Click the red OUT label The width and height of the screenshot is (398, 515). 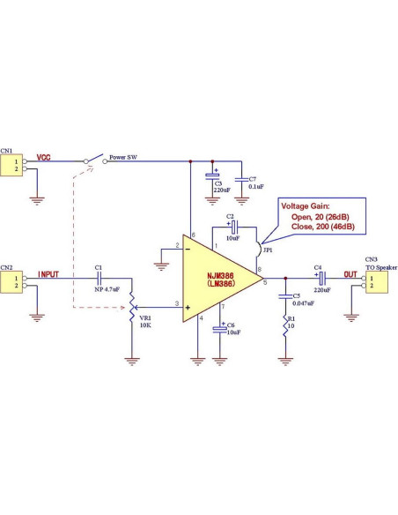point(350,274)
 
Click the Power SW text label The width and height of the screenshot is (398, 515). point(123,158)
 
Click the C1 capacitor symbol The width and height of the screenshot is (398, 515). point(99,277)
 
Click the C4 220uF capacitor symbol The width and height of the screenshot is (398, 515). point(322,277)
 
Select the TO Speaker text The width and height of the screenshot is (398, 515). point(381,267)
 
